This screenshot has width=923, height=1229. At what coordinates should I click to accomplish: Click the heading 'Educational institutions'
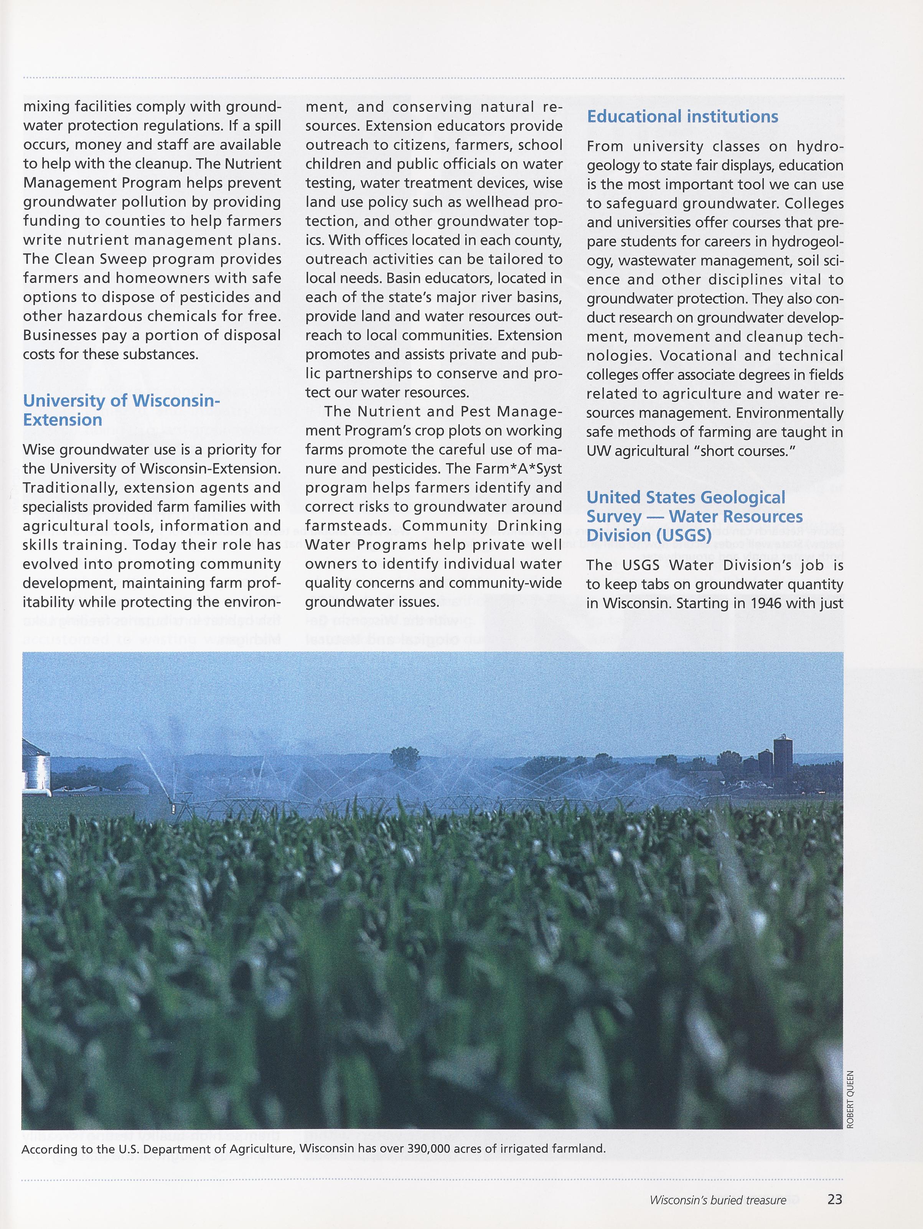682,117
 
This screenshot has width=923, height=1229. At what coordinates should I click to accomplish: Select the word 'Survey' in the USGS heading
613,517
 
